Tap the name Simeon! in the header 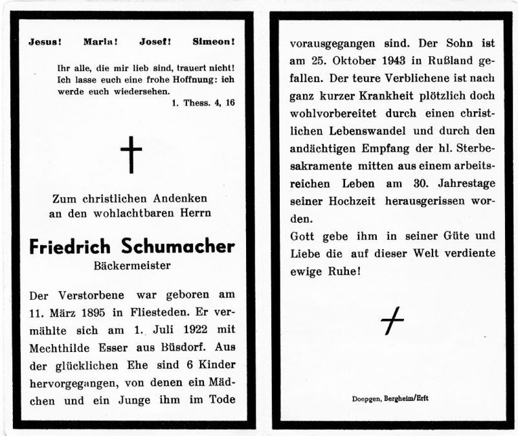(214, 43)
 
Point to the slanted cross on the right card (392, 321)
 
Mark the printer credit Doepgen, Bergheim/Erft (390, 398)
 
